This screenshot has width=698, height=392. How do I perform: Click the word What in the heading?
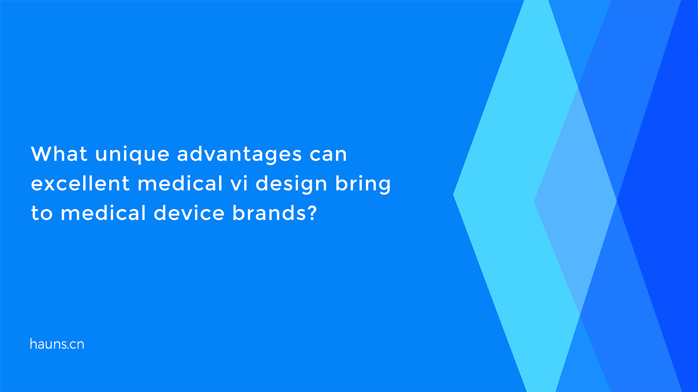pos(59,154)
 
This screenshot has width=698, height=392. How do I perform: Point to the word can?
pos(328,155)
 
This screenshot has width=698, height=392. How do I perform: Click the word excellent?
pos(80,183)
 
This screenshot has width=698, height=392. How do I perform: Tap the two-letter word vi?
pos(239,183)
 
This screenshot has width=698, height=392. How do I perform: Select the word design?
pos(291,184)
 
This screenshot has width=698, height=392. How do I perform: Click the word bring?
pos(363,184)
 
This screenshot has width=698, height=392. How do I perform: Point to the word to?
pos(42,213)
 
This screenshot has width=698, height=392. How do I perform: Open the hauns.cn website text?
pos(57,344)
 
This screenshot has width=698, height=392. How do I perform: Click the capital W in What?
pos(41,154)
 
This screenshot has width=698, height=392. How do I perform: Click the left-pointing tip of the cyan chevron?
pos(453,195)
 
